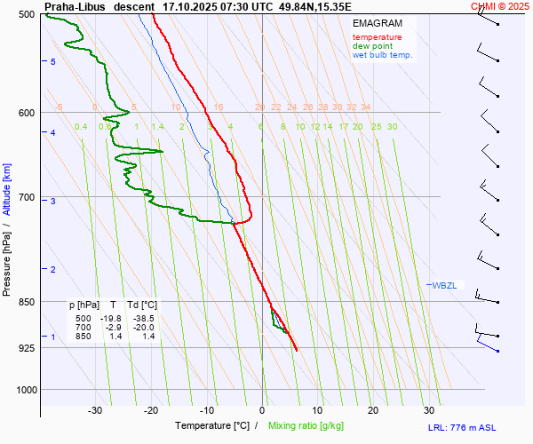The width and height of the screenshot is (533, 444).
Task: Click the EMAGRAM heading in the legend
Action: [377, 23]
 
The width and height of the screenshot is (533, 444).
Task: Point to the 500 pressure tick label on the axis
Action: [27, 15]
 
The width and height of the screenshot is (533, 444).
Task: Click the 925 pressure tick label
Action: [27, 347]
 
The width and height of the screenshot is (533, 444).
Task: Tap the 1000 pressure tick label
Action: [24, 390]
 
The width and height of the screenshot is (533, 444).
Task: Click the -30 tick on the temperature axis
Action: [95, 410]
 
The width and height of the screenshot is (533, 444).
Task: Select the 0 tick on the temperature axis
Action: [262, 410]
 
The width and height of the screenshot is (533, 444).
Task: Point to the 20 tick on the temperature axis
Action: [373, 410]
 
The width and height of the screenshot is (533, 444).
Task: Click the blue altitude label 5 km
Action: [53, 61]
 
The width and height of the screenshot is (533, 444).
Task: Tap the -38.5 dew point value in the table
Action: [142, 318]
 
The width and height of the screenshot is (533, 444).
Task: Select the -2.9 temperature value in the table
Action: [113, 328]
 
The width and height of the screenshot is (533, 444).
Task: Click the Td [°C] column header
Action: [140, 305]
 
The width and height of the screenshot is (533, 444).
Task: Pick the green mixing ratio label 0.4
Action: [81, 127]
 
